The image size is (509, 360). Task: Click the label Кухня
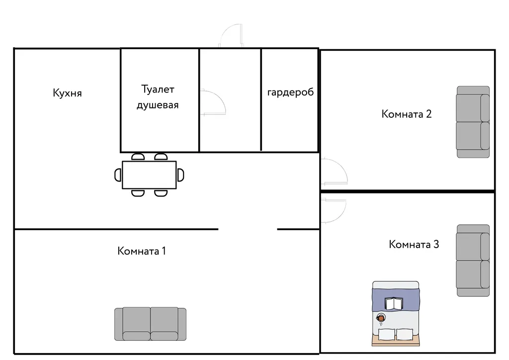(67, 93)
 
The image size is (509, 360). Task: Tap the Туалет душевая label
(158, 97)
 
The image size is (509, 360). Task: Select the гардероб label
(290, 92)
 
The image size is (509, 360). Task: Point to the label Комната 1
(142, 251)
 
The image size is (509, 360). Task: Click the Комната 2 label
(407, 114)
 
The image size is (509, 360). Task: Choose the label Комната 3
(414, 244)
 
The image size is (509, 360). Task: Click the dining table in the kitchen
(149, 175)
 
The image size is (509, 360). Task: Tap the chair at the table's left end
(118, 175)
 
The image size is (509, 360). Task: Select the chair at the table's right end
(180, 175)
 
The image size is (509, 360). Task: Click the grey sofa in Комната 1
(150, 324)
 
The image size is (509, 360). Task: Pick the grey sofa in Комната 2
(473, 122)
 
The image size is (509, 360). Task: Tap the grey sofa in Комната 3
(473, 261)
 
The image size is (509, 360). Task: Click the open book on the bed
(394, 303)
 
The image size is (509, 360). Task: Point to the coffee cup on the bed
(380, 318)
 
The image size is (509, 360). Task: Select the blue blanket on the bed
(396, 300)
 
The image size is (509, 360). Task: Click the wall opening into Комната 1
(248, 229)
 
